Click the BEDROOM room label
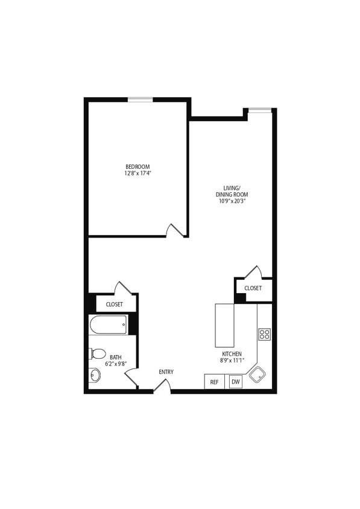coord(137,166)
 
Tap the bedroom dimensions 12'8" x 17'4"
coord(137,174)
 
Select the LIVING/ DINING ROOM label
coord(232,191)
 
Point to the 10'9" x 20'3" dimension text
coord(232,201)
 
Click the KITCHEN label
coord(232,354)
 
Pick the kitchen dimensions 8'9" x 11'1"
coord(232,361)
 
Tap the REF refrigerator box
coord(214,382)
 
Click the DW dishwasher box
coord(235,382)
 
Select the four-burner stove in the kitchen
coord(264,334)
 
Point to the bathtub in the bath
coord(109,326)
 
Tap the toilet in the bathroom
coord(97,354)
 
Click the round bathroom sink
coord(95,375)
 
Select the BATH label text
coord(115,357)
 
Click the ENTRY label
coord(166,372)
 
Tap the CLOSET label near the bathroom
coord(114,305)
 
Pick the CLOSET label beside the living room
coord(253,288)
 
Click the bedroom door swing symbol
coord(175,230)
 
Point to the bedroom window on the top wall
coord(139,100)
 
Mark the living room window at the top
coord(260,110)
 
